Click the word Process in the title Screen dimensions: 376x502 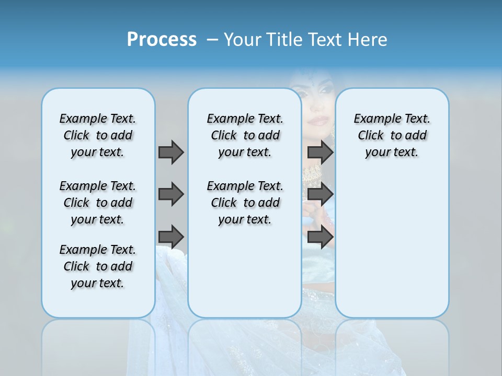[162, 40]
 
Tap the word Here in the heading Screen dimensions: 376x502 [368, 40]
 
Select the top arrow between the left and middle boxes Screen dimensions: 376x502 [171, 152]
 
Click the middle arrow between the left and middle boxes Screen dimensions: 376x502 [171, 194]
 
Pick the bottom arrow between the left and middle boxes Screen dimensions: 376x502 [171, 237]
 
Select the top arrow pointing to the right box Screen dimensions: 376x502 [320, 152]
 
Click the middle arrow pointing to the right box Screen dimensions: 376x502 [320, 194]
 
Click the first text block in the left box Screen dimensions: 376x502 [98, 135]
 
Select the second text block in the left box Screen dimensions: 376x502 [98, 203]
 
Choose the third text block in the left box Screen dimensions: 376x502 [98, 266]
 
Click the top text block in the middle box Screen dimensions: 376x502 [245, 135]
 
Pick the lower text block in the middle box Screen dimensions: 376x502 [245, 203]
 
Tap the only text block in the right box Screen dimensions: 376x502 [392, 135]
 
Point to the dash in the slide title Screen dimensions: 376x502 [213, 40]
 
